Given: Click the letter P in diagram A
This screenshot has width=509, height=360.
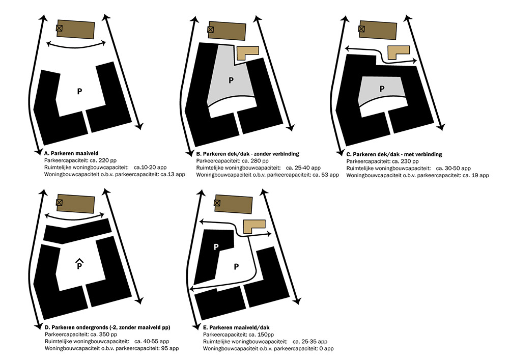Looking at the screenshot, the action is [79, 91].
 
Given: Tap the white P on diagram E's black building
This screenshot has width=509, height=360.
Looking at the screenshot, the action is [216, 247].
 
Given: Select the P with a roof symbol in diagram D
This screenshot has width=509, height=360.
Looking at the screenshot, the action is [79, 264].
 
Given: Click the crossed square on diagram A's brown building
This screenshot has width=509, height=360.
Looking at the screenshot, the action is [59, 28].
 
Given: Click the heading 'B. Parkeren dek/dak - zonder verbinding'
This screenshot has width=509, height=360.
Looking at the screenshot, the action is [248, 154].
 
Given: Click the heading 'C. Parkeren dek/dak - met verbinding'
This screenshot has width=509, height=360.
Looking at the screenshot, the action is [394, 154].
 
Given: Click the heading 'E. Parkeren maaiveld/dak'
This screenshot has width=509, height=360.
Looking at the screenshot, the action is [236, 327].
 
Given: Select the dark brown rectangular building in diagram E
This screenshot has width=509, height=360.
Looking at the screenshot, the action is [234, 204].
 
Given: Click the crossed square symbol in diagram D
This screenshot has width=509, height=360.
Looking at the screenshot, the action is [59, 203].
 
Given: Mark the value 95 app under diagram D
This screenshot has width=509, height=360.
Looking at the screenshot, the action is [170, 348].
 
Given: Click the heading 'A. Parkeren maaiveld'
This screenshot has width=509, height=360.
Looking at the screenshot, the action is [71, 153].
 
